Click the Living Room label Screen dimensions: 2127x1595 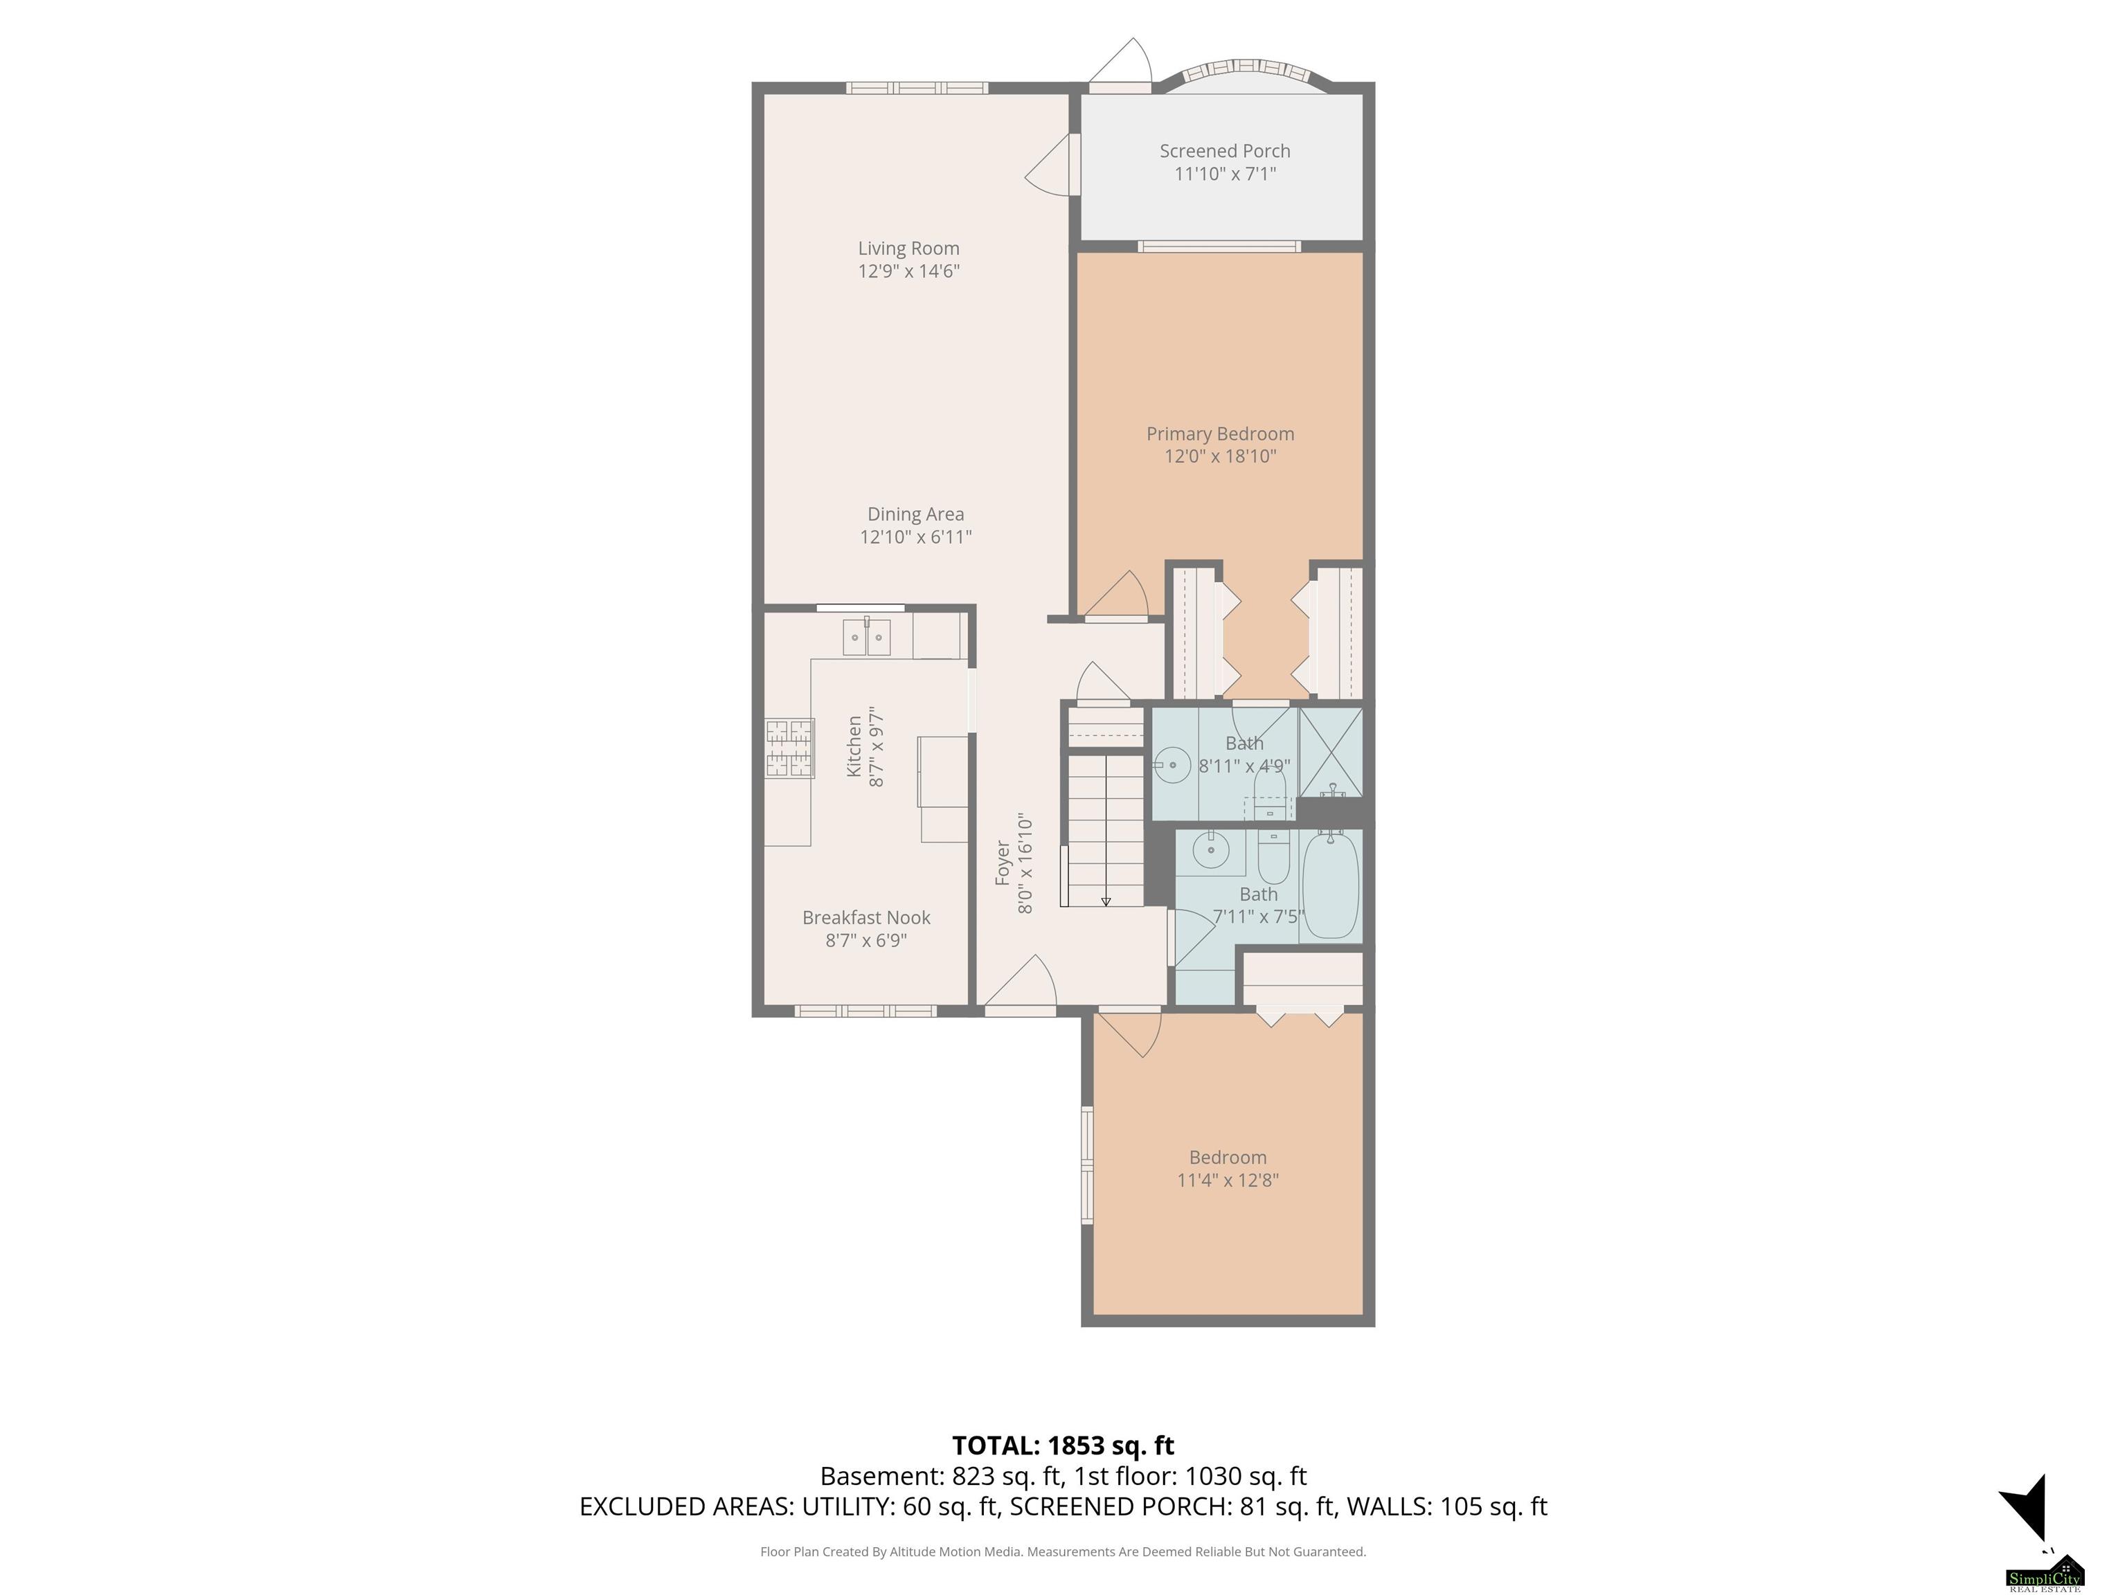click(908, 248)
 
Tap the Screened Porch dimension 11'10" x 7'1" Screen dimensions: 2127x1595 click(1225, 174)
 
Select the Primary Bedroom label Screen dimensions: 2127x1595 click(1220, 433)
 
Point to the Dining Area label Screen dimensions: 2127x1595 click(915, 514)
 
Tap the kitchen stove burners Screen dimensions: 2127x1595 click(789, 748)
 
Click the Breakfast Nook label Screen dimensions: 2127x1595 click(866, 917)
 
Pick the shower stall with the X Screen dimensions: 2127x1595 click(1331, 752)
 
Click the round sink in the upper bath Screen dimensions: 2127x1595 click(1172, 765)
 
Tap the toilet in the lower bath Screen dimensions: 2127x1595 click(1273, 856)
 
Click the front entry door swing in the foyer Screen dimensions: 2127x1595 click(1021, 981)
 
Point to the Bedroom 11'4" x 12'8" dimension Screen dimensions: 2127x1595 click(1228, 1180)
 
